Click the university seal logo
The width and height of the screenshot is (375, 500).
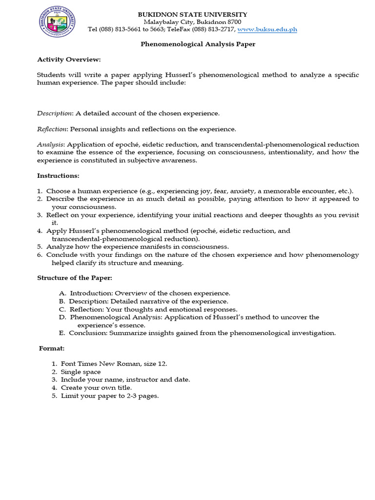coord(56,21)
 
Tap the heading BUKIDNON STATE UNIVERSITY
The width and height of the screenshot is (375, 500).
coord(192,14)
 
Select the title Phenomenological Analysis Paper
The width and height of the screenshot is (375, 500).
coord(198,44)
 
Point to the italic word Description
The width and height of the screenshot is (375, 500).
coord(55,113)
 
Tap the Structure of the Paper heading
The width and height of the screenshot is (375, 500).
coord(75,278)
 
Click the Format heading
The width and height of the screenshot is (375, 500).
coord(52,349)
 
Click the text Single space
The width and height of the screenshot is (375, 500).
coord(81,372)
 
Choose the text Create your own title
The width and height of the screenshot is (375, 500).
coord(96,388)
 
